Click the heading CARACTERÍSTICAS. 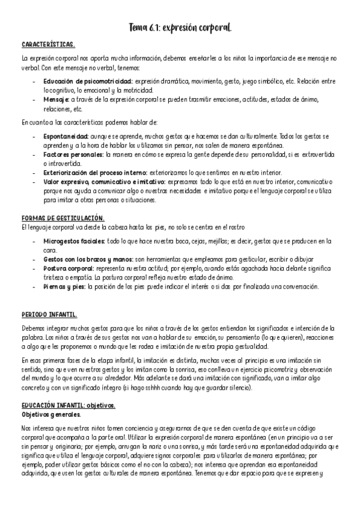tap(47, 45)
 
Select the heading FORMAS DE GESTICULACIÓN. tap(63, 217)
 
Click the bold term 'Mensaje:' tap(56, 99)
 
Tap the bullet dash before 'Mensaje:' tap(36, 99)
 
